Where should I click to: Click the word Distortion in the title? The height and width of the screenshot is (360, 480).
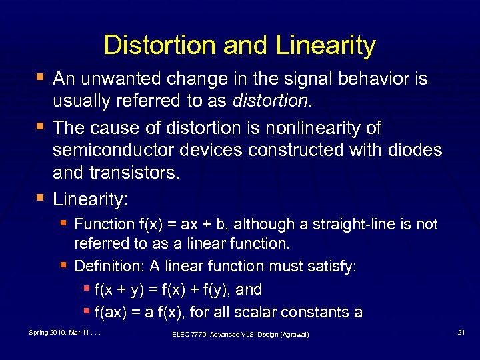(160, 46)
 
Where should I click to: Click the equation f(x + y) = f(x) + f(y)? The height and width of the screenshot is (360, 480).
(178, 290)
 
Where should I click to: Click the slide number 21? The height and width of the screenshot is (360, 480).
(461, 332)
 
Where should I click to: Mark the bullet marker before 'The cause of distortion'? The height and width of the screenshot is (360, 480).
(41, 127)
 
